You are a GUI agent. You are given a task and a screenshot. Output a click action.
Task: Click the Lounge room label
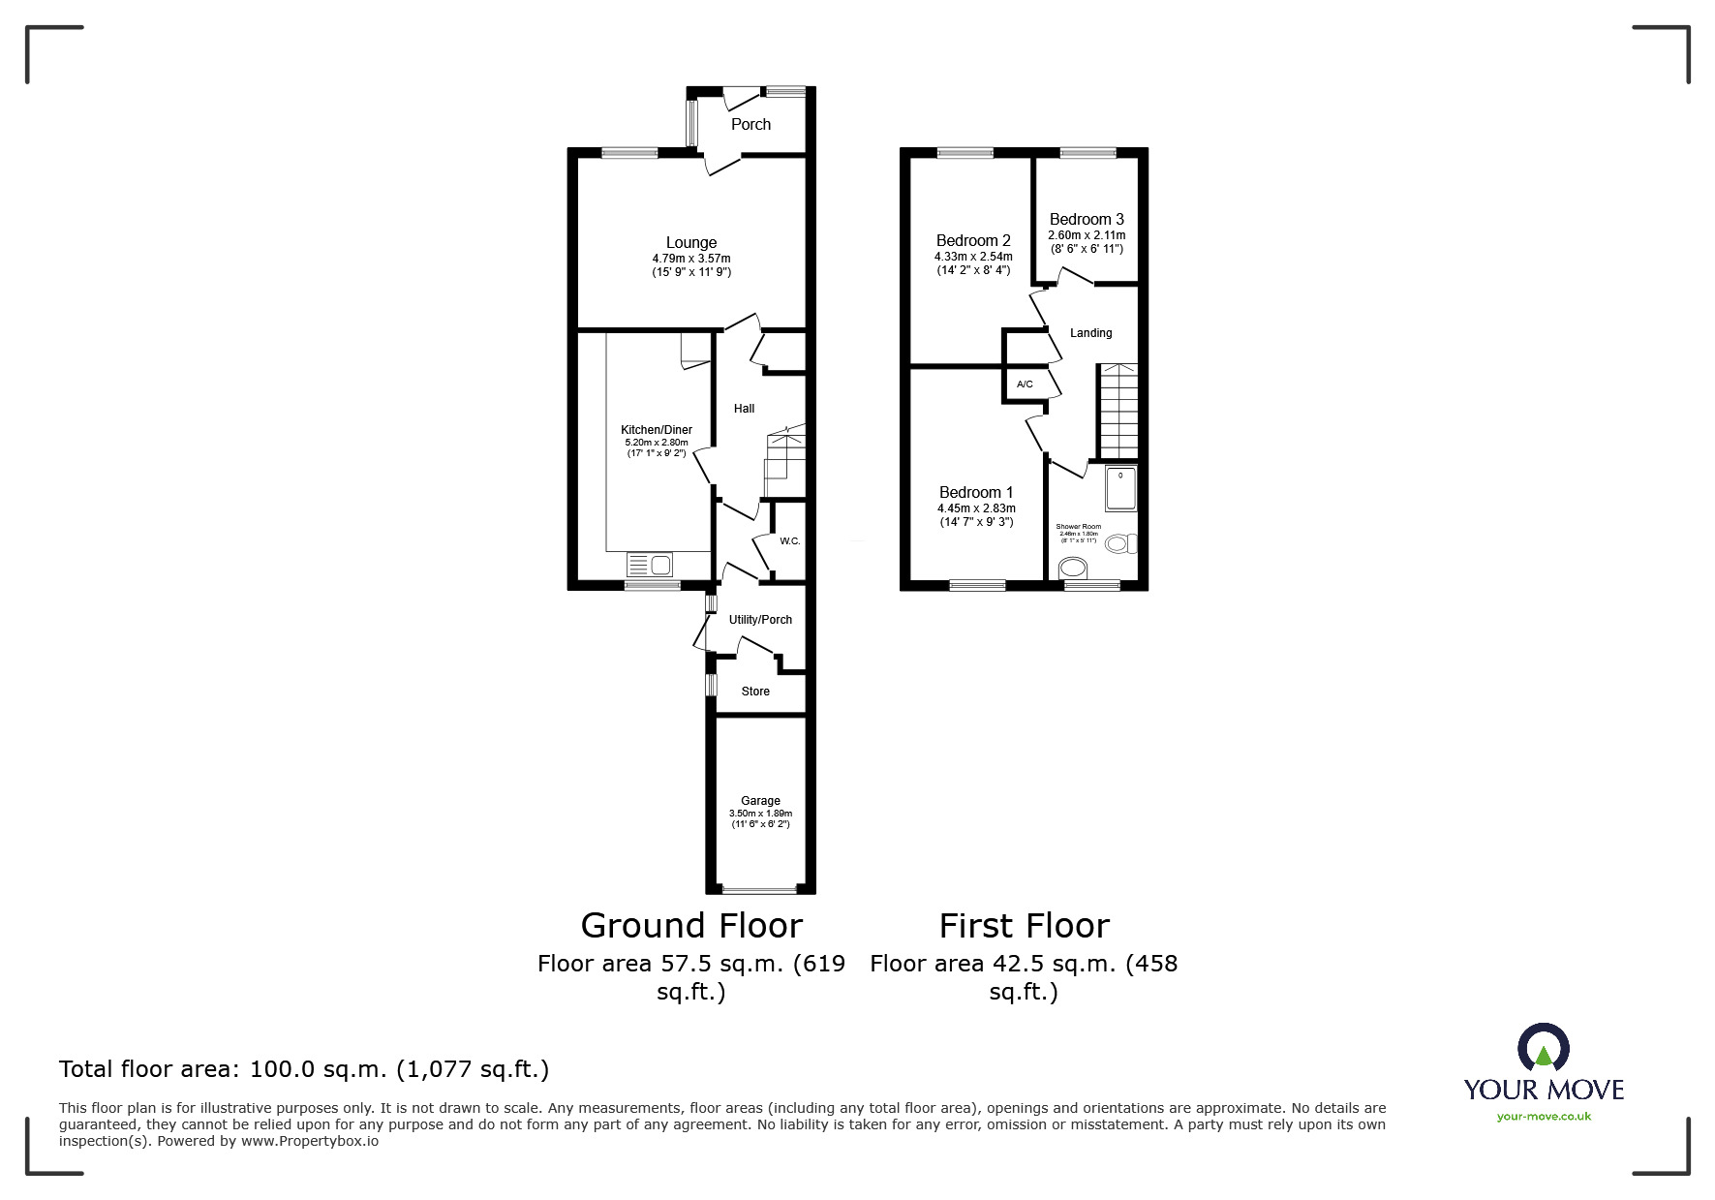[690, 243]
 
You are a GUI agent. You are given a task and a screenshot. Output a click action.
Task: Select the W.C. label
[790, 541]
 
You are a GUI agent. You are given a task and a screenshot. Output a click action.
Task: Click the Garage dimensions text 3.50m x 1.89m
[760, 814]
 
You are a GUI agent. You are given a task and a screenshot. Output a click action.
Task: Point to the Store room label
[755, 692]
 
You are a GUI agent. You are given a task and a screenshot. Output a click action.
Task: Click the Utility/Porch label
[760, 620]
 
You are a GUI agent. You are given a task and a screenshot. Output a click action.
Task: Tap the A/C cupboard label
[1025, 385]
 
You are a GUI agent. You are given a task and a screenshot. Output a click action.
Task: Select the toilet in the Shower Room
[1120, 544]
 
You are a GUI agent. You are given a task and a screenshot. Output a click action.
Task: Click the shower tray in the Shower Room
[1120, 489]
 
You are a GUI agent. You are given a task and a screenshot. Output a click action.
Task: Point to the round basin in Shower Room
[1074, 568]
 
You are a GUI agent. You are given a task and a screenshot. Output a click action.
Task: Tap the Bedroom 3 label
[1087, 220]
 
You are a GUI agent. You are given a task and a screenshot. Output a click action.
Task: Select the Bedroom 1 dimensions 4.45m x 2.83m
[976, 508]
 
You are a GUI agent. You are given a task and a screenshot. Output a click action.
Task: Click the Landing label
[1090, 333]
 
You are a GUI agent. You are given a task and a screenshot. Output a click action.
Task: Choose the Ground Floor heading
[691, 926]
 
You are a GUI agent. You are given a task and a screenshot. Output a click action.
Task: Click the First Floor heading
[1024, 926]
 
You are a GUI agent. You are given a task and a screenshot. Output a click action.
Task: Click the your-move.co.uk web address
[1544, 1117]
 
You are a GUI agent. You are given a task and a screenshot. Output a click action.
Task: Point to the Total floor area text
[304, 1069]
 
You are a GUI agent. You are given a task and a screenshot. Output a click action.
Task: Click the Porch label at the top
[750, 125]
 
